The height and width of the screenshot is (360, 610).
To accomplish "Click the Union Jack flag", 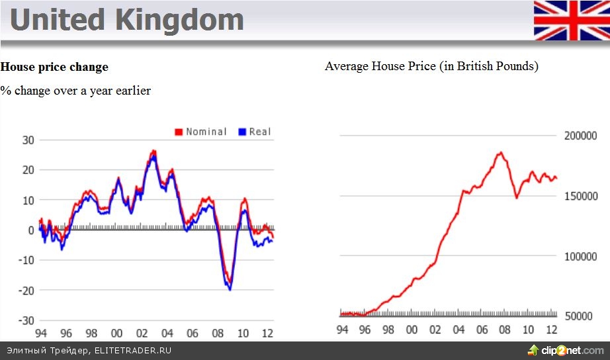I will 572,21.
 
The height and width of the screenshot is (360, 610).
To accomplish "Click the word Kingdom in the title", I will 179,20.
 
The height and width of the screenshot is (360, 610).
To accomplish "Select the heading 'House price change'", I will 54,67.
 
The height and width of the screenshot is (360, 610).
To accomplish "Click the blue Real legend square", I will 242,132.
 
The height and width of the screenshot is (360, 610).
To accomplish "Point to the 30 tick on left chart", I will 28,140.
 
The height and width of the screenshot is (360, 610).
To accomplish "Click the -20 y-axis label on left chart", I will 26,290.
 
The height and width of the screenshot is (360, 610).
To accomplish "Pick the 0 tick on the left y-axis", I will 31,230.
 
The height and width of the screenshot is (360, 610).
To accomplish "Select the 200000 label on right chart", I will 580,136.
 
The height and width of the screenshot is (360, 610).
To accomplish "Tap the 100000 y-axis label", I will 580,256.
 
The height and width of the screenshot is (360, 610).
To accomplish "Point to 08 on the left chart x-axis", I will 218,333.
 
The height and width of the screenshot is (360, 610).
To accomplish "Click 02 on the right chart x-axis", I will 435,330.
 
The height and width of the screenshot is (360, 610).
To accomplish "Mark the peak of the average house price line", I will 500,153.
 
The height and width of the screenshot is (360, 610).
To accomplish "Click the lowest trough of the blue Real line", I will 230,289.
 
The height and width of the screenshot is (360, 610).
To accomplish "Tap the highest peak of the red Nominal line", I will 153,151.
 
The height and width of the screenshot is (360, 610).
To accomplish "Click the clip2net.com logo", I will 565,350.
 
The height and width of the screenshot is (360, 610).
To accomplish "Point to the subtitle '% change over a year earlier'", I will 75,91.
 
